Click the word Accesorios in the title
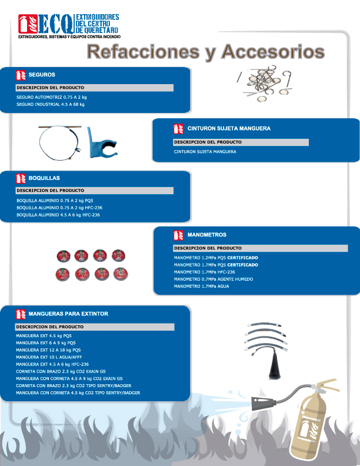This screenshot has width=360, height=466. click(x=273, y=51)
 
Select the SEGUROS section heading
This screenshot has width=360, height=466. click(x=42, y=75)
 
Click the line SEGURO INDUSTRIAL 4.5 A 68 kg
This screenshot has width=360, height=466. click(x=51, y=104)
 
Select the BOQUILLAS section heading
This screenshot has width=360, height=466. click(x=44, y=177)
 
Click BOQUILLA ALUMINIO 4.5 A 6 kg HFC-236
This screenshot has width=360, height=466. click(x=58, y=215)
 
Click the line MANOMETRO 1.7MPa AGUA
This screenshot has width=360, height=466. click(x=201, y=286)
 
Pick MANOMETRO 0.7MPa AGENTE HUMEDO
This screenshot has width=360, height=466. click(x=213, y=279)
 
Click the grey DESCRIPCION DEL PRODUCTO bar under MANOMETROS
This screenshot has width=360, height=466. click(x=241, y=248)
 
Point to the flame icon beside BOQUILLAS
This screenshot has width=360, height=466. click(x=21, y=177)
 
